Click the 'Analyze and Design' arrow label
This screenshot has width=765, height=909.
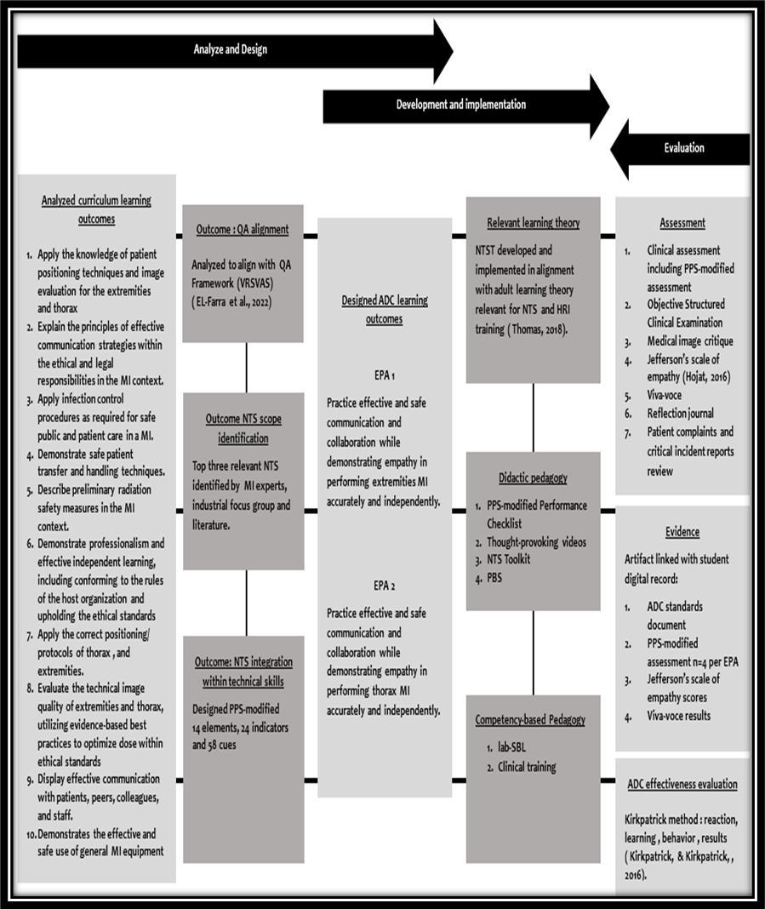pyautogui.click(x=230, y=49)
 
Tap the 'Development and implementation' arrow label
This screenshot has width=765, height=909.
pyautogui.click(x=460, y=105)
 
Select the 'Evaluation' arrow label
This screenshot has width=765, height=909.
pyautogui.click(x=684, y=147)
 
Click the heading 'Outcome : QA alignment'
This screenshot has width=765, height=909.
pyautogui.click(x=243, y=229)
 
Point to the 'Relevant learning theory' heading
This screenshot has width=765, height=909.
pyautogui.click(x=533, y=223)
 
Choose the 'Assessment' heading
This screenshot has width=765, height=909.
pyautogui.click(x=682, y=223)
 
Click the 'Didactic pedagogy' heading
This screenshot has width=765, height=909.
pyautogui.click(x=533, y=478)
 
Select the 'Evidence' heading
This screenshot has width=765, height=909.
pyautogui.click(x=682, y=532)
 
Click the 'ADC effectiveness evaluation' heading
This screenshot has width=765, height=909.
pyautogui.click(x=682, y=785)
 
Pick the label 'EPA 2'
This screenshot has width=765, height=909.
pyautogui.click(x=384, y=586)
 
